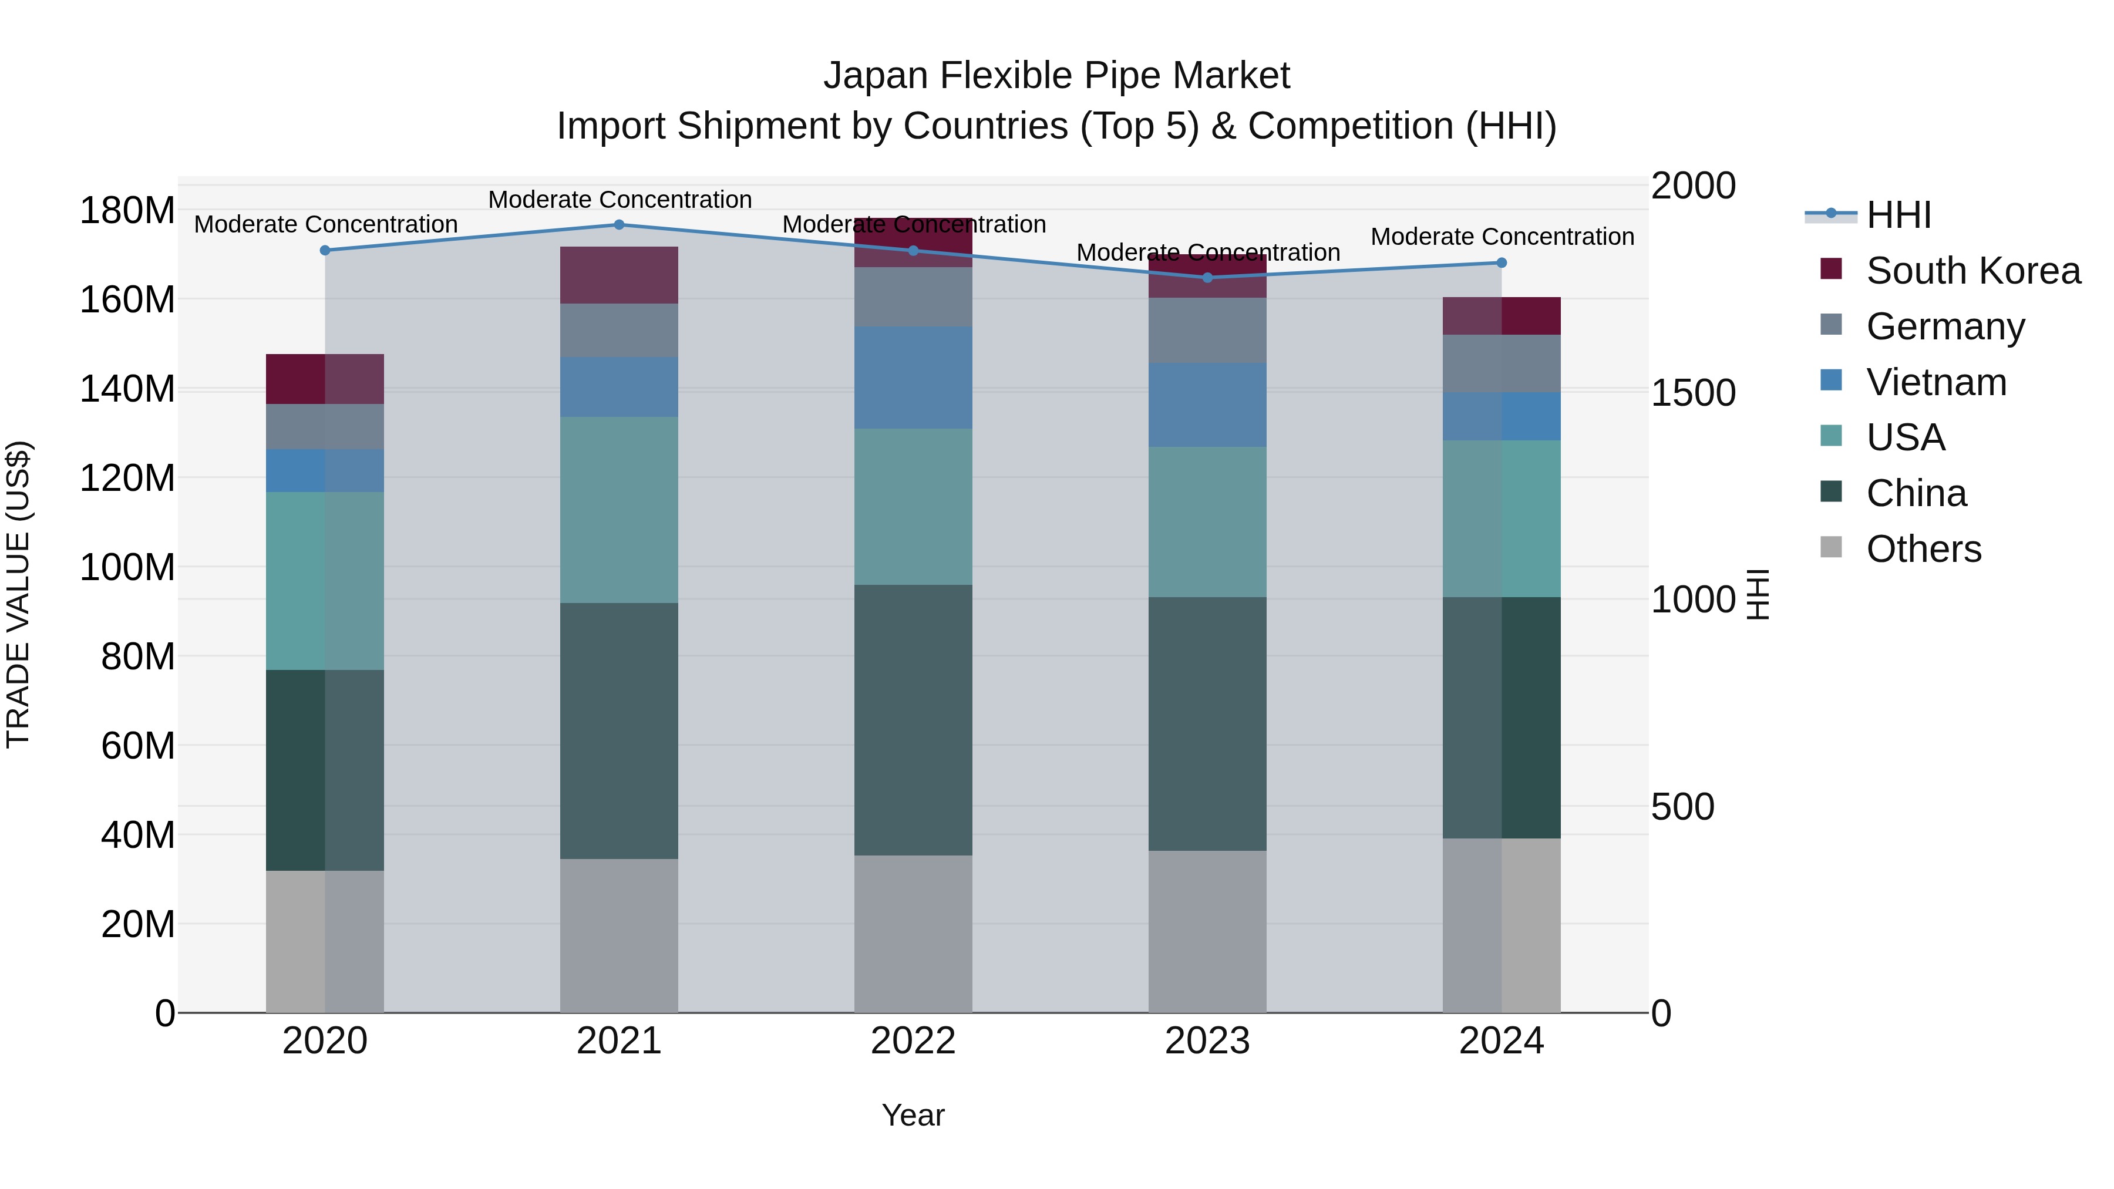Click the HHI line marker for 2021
point(619,225)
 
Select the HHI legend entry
point(1898,215)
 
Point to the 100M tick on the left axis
point(127,567)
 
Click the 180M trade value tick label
point(127,211)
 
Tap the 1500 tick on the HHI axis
point(1692,393)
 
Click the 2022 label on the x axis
point(913,1041)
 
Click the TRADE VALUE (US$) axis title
point(18,594)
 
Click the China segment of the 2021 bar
point(619,730)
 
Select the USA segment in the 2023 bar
point(1207,522)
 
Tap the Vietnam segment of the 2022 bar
point(913,378)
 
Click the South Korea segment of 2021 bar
point(619,275)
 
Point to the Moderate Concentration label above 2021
point(620,200)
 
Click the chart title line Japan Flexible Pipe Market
point(1056,76)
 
